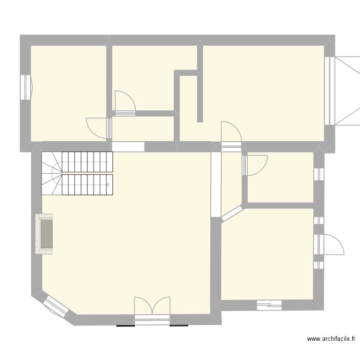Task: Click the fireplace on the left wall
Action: tap(45, 234)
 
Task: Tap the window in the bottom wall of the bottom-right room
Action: tap(269, 304)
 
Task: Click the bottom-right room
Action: tap(266, 254)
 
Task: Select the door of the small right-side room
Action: tap(254, 165)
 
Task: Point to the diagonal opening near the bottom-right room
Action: tap(233, 213)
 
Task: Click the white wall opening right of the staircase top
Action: tap(128, 146)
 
